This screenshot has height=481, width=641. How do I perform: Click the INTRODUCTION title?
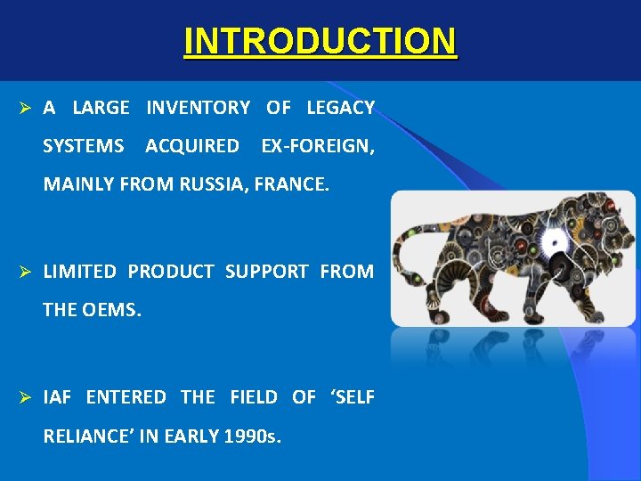pos(320,41)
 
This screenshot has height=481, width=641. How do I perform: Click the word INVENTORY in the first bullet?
pos(198,108)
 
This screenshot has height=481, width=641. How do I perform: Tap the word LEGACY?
pos(340,108)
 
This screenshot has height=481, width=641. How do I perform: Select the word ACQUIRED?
pos(191,145)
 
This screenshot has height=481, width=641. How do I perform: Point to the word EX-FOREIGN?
pos(316,145)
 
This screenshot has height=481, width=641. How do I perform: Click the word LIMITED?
pos(78,272)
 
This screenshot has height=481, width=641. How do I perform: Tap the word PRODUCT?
pos(170,272)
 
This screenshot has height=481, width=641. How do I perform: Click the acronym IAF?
pos(58,397)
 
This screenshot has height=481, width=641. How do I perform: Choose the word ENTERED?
pos(126,397)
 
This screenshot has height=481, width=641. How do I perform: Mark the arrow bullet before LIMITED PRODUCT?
pos(26,272)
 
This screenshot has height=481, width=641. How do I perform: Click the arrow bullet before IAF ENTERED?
pos(26,397)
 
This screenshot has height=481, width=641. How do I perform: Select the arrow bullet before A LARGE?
pos(26,108)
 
